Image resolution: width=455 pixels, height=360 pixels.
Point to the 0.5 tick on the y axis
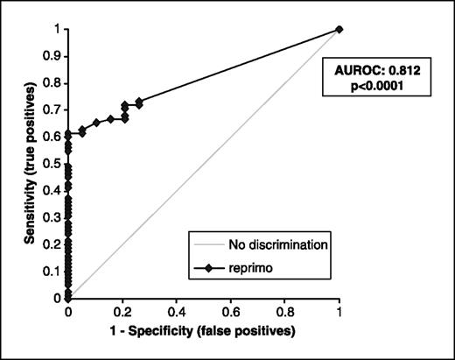click(54, 163)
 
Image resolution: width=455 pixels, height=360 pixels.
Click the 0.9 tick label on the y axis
click(54, 56)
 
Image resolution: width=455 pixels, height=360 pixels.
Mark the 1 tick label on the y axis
click(59, 29)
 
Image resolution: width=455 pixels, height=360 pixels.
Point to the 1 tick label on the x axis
click(339, 310)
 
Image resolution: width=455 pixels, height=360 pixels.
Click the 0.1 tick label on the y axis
click(54, 271)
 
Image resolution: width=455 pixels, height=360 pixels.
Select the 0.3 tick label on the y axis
click(54, 217)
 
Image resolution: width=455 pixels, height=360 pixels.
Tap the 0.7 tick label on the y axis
click(54, 109)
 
